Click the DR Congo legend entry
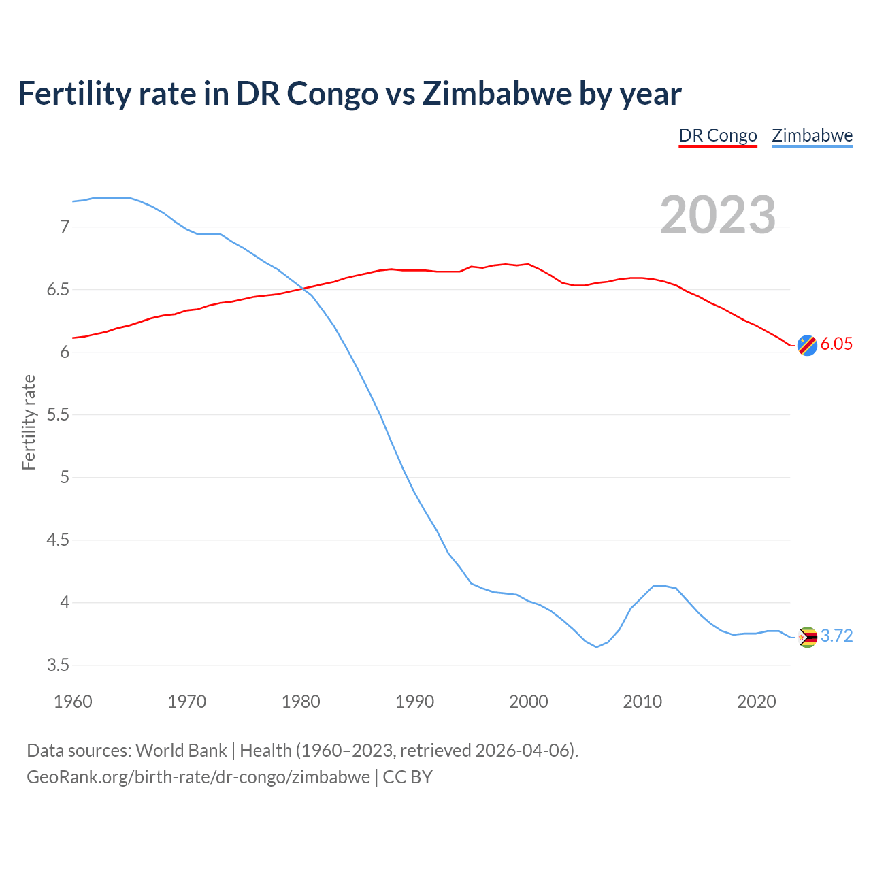coord(718,135)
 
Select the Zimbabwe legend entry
coord(812,135)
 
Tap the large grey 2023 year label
coord(717,215)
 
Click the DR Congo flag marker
coord(806,346)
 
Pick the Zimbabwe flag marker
coord(807,637)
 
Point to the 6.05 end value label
coord(836,344)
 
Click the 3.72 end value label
coord(836,636)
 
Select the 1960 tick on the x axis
coord(73,702)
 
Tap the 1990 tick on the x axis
coord(414,702)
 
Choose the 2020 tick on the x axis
coord(756,702)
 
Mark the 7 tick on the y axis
coord(65,227)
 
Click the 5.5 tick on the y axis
coord(59,414)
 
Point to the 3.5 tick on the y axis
coord(59,665)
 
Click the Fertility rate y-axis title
coord(29,422)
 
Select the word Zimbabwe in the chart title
coord(496,93)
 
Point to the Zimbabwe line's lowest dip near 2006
coord(597,646)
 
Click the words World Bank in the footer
coord(181,750)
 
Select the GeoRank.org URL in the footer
coord(198,776)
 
